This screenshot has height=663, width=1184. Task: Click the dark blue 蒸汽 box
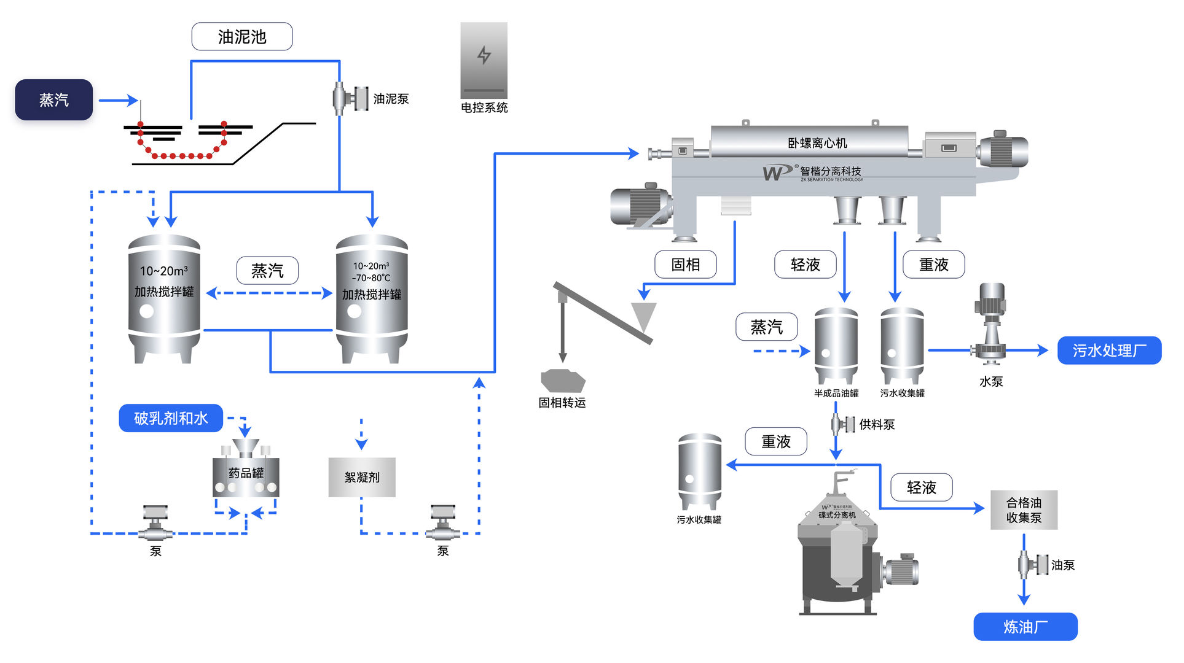pyautogui.click(x=54, y=99)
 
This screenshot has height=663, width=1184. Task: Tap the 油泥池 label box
pyautogui.click(x=242, y=37)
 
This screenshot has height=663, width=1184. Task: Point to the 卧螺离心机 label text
pyautogui.click(x=817, y=143)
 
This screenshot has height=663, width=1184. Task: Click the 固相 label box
pyautogui.click(x=686, y=265)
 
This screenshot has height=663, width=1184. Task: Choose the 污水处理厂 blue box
pyautogui.click(x=1109, y=351)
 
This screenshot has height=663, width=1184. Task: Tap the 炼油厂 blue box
pyautogui.click(x=1025, y=627)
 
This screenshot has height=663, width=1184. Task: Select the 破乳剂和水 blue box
pyautogui.click(x=171, y=418)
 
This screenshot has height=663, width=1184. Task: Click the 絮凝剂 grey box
pyautogui.click(x=362, y=477)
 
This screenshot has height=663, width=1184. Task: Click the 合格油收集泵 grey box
pyautogui.click(x=1024, y=510)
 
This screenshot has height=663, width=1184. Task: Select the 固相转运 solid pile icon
pyautogui.click(x=563, y=380)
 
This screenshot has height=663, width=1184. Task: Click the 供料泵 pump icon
pyautogui.click(x=842, y=424)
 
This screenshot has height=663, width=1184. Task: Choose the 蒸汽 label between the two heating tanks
pyautogui.click(x=267, y=271)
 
